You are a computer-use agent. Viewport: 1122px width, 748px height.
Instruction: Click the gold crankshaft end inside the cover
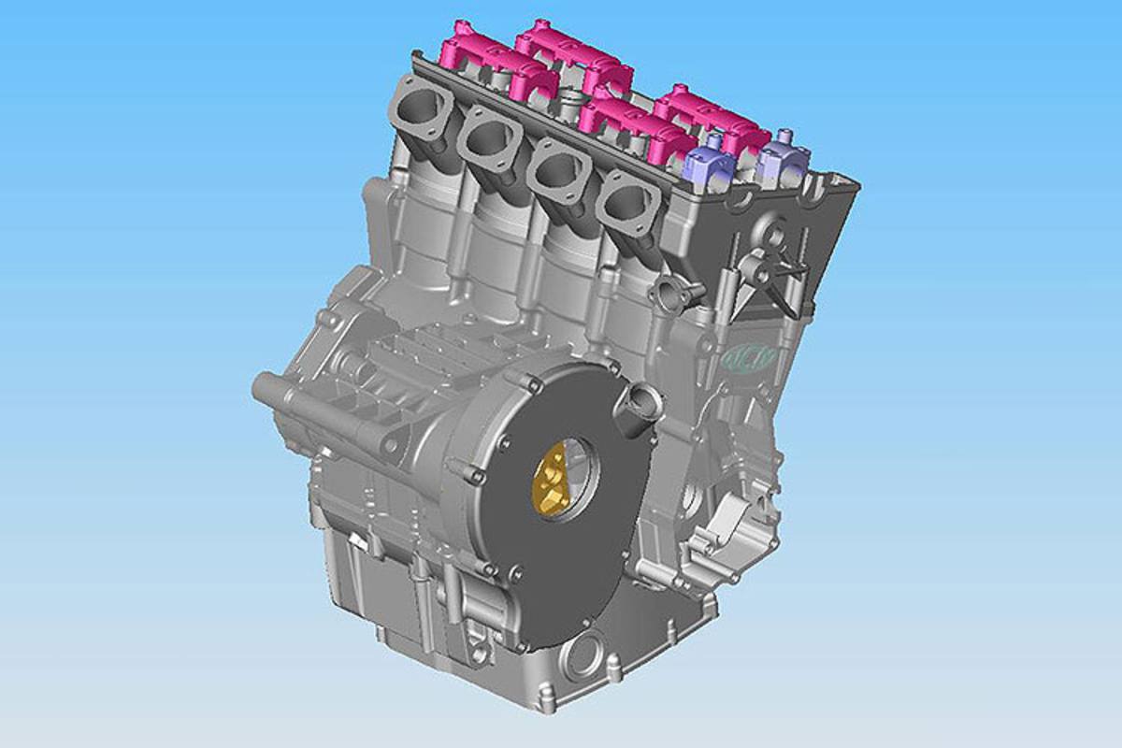551,480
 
